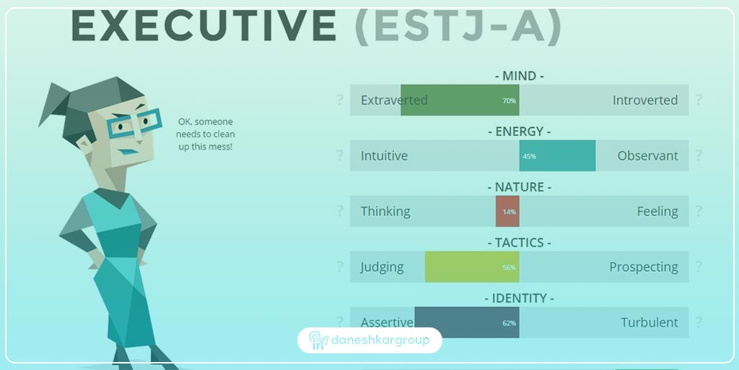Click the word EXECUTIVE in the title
[x=204, y=26]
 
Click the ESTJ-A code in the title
[x=458, y=26]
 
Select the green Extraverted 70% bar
[x=460, y=100]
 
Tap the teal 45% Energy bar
[x=557, y=155]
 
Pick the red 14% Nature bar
[x=507, y=211]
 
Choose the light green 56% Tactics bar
[x=472, y=267]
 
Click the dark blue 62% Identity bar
[x=466, y=322]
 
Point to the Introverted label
[x=645, y=100]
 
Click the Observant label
[x=647, y=155]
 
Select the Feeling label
[x=657, y=211]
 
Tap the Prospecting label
[x=643, y=267]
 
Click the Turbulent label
[x=649, y=322]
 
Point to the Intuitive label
[x=384, y=155]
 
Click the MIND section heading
[x=519, y=76]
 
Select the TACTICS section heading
[x=519, y=243]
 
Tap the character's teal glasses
[x=134, y=124]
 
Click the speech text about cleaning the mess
[x=206, y=134]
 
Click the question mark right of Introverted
[x=699, y=100]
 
